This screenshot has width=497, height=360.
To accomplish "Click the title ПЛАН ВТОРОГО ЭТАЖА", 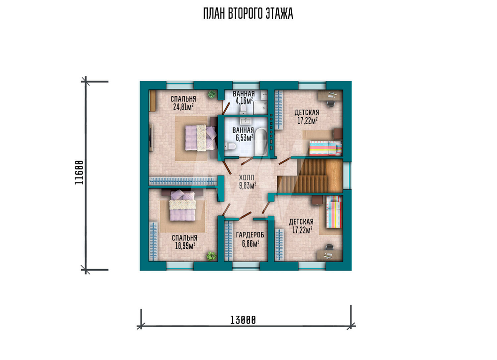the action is click(x=248, y=13).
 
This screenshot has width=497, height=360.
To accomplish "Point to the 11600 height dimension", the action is click(x=79, y=173).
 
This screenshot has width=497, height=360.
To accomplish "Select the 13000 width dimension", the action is click(x=243, y=320).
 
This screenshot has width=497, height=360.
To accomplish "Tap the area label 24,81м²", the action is click(x=183, y=107).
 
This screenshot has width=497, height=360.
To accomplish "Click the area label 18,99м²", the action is click(x=185, y=246).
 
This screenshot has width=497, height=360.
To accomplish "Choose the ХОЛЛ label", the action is click(x=247, y=178).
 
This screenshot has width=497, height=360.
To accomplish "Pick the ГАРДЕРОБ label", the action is click(x=250, y=235).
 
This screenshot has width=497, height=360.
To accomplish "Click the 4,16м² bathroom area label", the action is click(x=244, y=101).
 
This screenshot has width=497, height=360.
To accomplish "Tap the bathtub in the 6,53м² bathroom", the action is click(x=261, y=142).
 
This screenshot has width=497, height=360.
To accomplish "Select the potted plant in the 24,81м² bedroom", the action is click(x=212, y=94).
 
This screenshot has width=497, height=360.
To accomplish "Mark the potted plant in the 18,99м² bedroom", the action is click(x=211, y=256).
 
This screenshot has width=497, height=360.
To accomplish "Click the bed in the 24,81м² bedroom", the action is click(x=200, y=138).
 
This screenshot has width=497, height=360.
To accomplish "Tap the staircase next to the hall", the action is click(x=310, y=176).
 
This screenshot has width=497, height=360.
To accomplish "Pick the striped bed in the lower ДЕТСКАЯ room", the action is click(x=334, y=212).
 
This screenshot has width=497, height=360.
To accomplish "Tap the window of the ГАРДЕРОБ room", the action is click(x=246, y=266).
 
